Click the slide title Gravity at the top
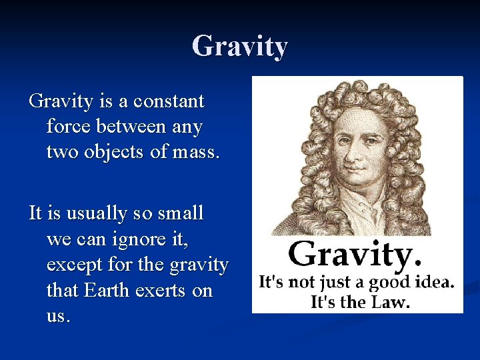(x=240, y=47)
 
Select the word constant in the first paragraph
(x=169, y=102)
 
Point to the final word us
(x=57, y=316)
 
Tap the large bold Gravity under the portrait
(x=355, y=254)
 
